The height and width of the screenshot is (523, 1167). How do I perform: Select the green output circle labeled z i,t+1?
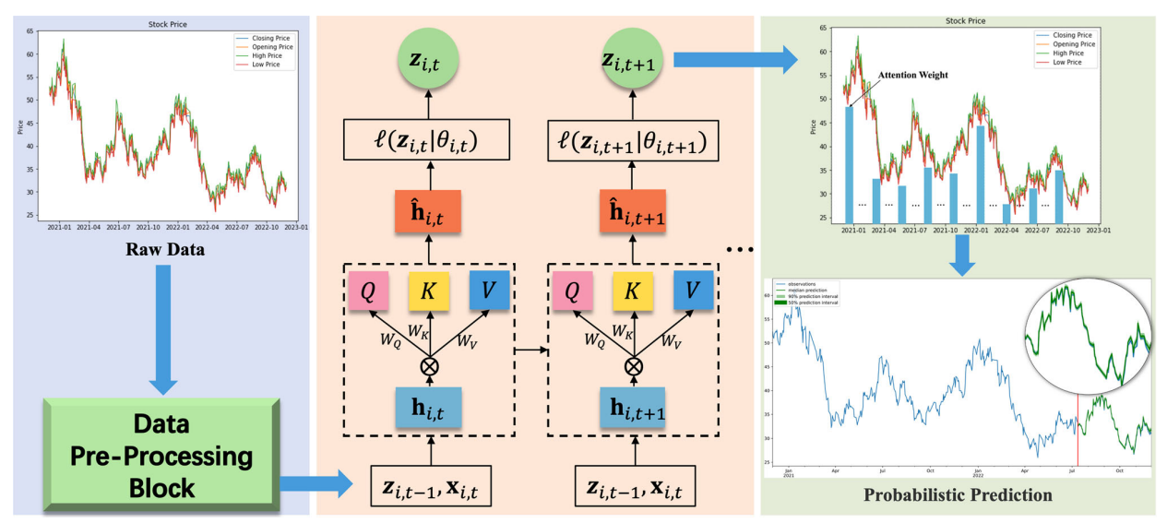[632, 60]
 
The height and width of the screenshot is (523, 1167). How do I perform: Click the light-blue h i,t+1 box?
[633, 407]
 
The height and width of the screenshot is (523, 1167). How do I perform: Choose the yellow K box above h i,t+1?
[633, 292]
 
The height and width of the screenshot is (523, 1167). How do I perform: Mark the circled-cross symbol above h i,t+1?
[633, 365]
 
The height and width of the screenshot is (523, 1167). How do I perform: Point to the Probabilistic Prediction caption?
[958, 495]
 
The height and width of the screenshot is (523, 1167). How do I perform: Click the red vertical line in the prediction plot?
[1078, 434]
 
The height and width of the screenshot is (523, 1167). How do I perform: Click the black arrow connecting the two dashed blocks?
[530, 350]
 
